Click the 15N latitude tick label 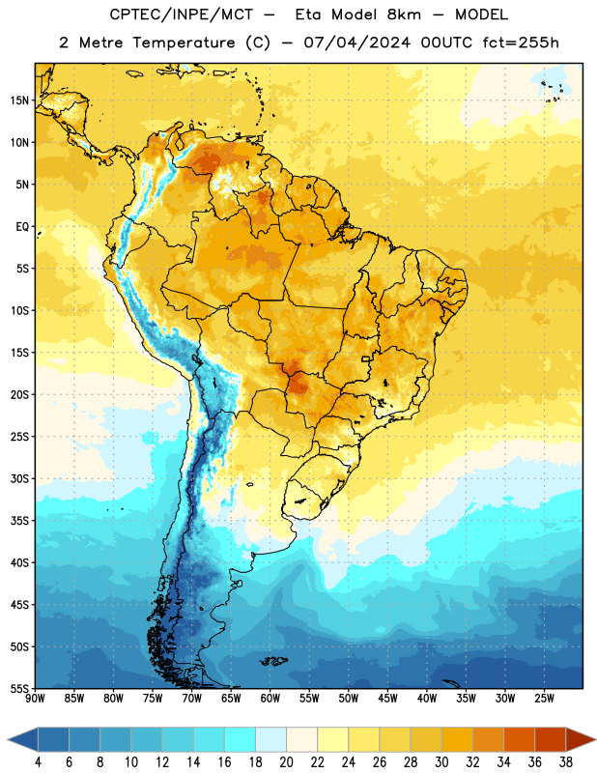point(19,100)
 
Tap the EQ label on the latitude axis point(22,227)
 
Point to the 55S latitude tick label point(19,688)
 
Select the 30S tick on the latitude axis point(19,478)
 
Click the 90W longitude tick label point(35,699)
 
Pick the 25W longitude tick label point(544,699)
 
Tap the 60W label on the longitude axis point(270,699)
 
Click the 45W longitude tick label point(387,699)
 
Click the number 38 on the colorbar point(565,762)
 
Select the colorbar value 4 point(38,762)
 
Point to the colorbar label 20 point(286,762)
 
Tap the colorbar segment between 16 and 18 point(241,740)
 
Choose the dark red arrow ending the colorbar point(580,740)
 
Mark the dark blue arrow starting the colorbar point(23,740)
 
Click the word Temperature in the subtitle point(184,43)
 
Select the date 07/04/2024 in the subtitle point(356,43)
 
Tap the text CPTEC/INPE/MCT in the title point(181,14)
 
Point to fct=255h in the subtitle point(521,43)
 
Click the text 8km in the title point(404,14)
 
